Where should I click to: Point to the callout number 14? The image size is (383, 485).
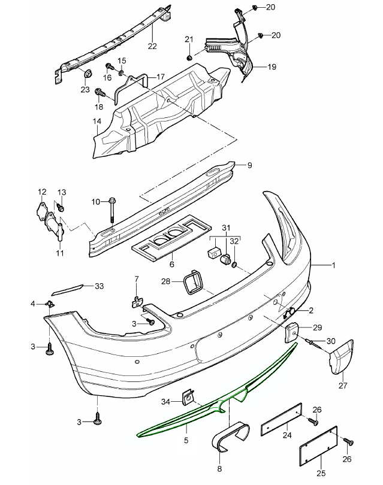(97, 122)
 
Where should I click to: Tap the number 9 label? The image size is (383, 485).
(250, 165)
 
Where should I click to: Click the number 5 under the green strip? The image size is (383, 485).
(186, 441)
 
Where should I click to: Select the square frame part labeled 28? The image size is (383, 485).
(194, 284)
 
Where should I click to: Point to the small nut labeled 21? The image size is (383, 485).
(189, 58)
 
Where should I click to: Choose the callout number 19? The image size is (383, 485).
(272, 67)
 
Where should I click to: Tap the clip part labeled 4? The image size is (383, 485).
(52, 306)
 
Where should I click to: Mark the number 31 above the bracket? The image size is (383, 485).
(225, 227)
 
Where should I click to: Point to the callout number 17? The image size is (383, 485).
(161, 77)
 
